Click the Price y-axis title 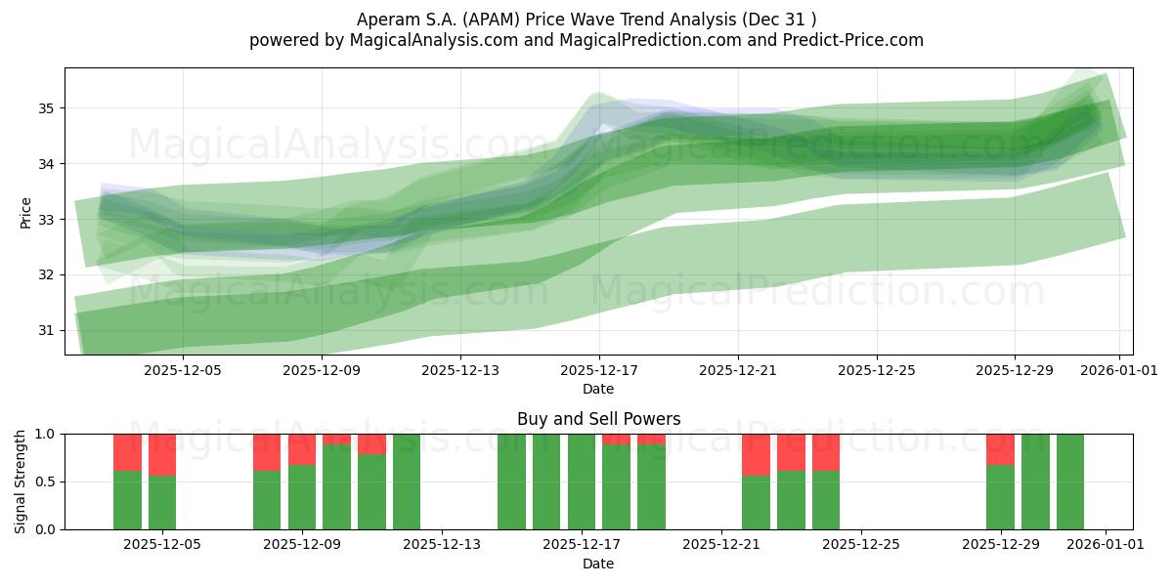coord(26,212)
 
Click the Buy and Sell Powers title coord(598,419)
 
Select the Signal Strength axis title coord(22,481)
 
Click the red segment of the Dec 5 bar coord(162,454)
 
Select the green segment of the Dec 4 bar coord(127,500)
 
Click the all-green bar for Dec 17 coord(582,481)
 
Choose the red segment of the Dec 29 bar coord(1000,449)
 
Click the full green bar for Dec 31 coord(1069,481)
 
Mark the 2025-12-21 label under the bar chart coord(720,544)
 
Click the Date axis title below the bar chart coord(598,564)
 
